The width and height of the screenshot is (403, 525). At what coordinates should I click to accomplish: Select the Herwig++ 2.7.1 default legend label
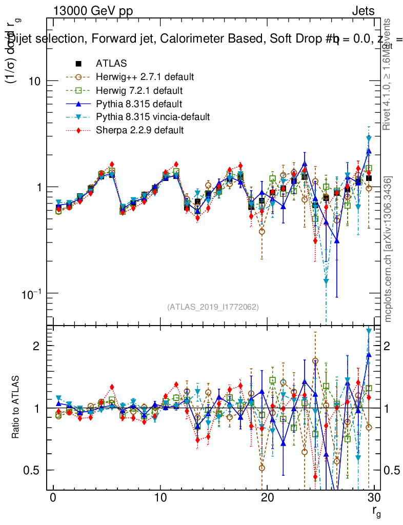click(145, 77)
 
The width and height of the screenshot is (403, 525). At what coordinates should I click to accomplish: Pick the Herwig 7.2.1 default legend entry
click(139, 90)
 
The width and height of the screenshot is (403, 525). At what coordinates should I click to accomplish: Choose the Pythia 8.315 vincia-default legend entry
click(153, 117)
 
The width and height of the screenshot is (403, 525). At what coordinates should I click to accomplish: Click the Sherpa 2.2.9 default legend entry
click(139, 130)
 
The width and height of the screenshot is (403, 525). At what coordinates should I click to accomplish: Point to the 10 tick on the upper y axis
click(34, 81)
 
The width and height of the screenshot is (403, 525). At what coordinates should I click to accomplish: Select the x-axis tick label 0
click(52, 497)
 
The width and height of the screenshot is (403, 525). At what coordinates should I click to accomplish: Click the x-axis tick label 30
click(373, 497)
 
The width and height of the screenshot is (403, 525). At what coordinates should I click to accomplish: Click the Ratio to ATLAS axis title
click(16, 408)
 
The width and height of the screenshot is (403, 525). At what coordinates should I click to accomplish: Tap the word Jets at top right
click(363, 11)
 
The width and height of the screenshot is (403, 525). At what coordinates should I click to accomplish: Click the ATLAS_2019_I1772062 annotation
click(213, 307)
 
